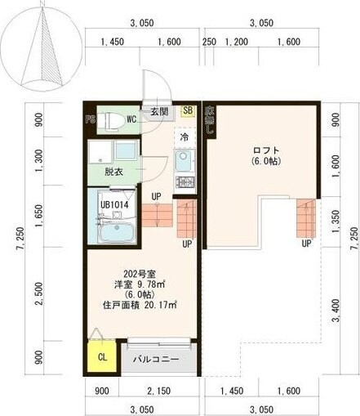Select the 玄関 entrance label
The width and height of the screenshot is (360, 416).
coord(158,112)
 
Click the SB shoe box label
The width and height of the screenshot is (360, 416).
coord(188,111)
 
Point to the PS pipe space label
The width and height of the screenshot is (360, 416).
coord(91,119)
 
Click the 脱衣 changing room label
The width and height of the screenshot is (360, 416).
coord(113,172)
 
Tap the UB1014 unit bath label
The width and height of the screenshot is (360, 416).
coord(116,205)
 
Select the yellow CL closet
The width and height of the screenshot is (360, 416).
coord(102,357)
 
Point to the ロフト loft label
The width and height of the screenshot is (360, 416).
coord(265,150)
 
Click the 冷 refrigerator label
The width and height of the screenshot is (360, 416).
coord(184,137)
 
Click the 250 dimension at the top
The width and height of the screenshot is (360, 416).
coord(209,42)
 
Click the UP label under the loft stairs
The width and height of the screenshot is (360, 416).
coord(307,243)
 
